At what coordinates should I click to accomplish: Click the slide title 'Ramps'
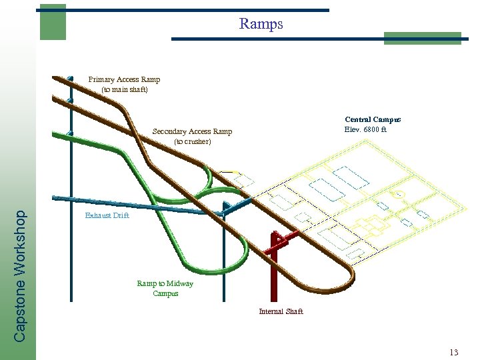[261, 24]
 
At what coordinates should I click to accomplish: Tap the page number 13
[455, 352]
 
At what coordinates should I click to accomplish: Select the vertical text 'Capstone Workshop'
[21, 275]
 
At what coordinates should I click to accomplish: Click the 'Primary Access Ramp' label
[124, 79]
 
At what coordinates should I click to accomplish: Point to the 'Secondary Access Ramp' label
[192, 131]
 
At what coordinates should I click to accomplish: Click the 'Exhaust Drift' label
[107, 216]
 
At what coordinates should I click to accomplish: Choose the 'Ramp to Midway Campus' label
[165, 288]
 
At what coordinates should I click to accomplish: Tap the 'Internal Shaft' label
[281, 311]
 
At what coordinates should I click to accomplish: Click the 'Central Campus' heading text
[373, 119]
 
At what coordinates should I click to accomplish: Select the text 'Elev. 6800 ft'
[365, 129]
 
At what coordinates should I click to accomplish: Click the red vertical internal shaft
[273, 273]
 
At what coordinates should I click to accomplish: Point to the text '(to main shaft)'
[124, 89]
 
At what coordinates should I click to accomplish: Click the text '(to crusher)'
[192, 141]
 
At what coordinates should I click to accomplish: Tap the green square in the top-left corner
[53, 21]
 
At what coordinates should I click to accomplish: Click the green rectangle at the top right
[422, 38]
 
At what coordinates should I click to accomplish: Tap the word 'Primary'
[101, 79]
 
